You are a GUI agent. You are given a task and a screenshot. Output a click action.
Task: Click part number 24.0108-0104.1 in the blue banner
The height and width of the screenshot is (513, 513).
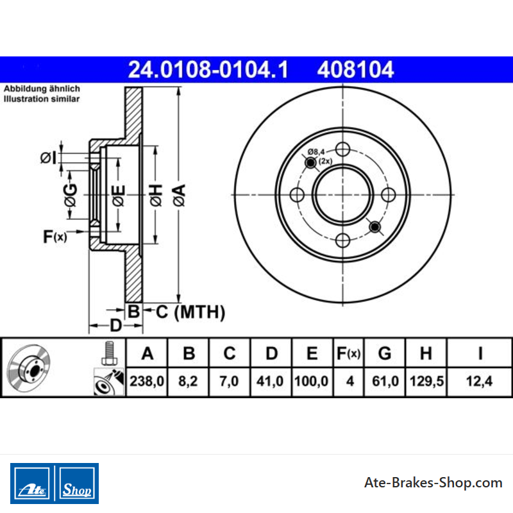pyautogui.click(x=208, y=70)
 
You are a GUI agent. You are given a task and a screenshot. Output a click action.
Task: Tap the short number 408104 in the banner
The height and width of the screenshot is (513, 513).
pyautogui.click(x=355, y=70)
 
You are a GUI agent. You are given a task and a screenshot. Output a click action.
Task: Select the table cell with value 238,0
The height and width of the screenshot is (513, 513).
pyautogui.click(x=147, y=382)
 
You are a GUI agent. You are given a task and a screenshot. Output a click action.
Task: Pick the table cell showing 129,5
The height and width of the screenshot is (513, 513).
pyautogui.click(x=426, y=382)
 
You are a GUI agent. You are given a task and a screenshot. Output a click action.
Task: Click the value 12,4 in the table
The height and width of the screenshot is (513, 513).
pyautogui.click(x=479, y=382)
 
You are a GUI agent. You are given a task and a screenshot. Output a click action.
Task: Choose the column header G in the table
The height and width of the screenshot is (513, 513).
pyautogui.click(x=385, y=353)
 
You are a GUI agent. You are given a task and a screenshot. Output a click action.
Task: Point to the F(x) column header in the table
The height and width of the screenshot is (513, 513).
pyautogui.click(x=349, y=353)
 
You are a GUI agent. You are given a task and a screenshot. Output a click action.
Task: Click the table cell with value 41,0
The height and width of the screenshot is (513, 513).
pyautogui.click(x=271, y=382)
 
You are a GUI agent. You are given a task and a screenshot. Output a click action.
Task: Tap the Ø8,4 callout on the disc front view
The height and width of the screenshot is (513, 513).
pyautogui.click(x=316, y=152)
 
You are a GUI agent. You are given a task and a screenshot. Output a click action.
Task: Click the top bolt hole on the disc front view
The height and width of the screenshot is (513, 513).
pyautogui.click(x=342, y=149)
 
